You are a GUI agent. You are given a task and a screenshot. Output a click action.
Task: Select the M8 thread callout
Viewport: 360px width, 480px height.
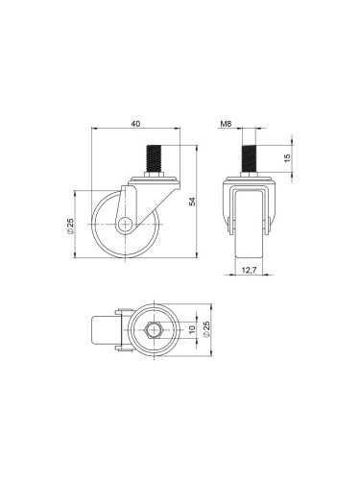click(227, 124)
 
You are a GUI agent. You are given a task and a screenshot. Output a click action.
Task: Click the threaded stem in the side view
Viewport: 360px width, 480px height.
click(152, 158)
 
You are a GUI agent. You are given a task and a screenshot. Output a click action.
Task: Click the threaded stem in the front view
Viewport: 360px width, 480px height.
click(249, 156)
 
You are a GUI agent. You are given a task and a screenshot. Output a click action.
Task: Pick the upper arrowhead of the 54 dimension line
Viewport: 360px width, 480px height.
click(197, 150)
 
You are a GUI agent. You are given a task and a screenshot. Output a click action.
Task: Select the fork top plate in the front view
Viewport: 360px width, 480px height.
click(249, 182)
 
